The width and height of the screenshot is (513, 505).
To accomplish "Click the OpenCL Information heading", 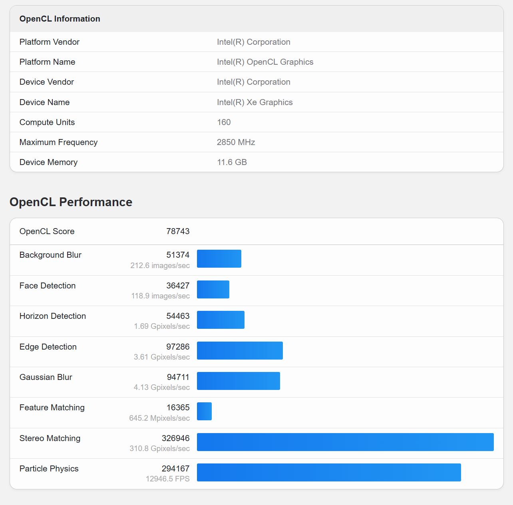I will point(60,19).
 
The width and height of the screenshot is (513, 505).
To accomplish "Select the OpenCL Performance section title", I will point(71,202).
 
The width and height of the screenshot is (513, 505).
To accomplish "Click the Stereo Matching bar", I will point(345,442).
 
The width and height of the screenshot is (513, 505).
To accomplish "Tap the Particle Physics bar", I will point(329,472).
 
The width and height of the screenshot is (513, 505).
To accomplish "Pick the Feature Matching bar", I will point(204,412).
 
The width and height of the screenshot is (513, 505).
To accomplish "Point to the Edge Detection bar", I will point(240,350).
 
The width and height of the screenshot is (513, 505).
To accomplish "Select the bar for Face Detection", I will point(213,289).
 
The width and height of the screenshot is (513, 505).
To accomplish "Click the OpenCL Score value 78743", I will point(178,231).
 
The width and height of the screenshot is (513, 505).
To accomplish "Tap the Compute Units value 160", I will point(224,122).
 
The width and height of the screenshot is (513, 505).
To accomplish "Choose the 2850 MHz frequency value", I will point(236,142).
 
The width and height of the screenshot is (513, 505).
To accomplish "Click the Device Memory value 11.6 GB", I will point(232,162).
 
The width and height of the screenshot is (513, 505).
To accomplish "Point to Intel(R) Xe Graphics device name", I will point(255,102).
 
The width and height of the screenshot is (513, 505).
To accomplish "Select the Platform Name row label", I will point(47,62).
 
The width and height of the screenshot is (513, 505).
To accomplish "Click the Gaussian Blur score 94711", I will point(178,377).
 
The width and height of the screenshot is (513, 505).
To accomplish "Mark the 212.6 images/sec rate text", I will point(160,265).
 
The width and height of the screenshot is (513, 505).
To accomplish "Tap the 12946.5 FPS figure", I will point(167,479).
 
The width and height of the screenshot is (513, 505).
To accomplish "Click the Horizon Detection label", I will point(53,316).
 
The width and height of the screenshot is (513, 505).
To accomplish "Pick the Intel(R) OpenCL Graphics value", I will point(265,62).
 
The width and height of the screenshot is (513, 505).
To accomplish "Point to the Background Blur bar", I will point(219,258).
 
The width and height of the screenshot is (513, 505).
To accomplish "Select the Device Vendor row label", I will point(47,82).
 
